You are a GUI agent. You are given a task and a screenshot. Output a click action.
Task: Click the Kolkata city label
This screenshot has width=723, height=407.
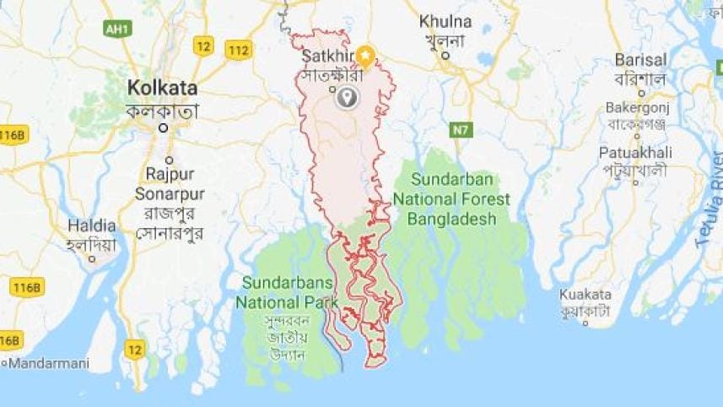click(x=162, y=88)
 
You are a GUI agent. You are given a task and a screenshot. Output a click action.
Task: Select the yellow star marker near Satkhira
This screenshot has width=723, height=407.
click(x=365, y=56)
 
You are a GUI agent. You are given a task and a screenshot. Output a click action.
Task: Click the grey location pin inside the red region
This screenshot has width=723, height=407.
click(x=346, y=99)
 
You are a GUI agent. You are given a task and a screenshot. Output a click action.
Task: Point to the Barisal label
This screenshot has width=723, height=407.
click(x=640, y=61)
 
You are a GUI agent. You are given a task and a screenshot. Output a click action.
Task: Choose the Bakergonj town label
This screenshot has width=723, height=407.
click(x=637, y=108)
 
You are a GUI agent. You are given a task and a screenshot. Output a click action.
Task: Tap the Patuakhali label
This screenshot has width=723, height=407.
click(x=635, y=153)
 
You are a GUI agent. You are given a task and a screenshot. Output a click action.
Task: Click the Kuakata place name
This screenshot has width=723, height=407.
click(x=585, y=295)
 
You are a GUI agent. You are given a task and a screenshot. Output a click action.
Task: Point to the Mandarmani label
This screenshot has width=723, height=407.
click(x=40, y=363)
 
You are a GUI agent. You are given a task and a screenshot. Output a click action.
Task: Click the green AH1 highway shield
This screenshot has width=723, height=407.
click(x=117, y=30)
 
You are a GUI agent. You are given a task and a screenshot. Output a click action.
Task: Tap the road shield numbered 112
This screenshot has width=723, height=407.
click(x=239, y=50)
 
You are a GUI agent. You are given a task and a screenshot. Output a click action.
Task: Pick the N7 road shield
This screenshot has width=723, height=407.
click(x=460, y=130)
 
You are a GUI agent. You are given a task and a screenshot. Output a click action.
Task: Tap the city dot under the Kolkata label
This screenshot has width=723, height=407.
click(x=165, y=128)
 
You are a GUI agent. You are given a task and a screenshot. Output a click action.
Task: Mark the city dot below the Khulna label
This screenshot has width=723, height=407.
click(x=445, y=57)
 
